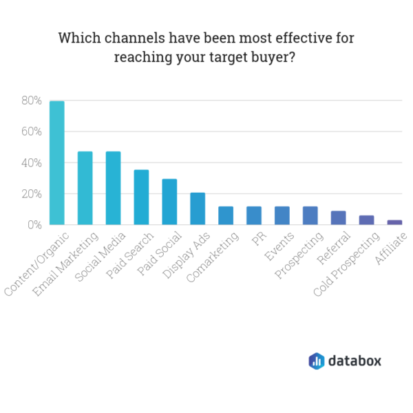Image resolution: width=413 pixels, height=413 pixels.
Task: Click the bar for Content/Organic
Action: pyautogui.click(x=57, y=163)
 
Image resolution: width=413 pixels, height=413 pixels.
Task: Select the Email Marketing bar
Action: pyautogui.click(x=85, y=188)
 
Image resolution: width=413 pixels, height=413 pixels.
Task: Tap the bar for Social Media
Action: pyautogui.click(x=113, y=188)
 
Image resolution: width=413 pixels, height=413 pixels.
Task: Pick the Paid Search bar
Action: pyautogui.click(x=141, y=198)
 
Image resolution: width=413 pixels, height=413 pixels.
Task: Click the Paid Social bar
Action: pyautogui.click(x=169, y=202)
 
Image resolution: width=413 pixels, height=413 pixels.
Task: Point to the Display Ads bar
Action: pyautogui.click(x=198, y=209)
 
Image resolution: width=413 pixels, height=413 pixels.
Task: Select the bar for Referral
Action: pyautogui.click(x=338, y=218)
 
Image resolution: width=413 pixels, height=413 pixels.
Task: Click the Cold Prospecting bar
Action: pyautogui.click(x=366, y=220)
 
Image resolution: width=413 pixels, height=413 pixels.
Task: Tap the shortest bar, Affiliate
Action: pyautogui.click(x=394, y=222)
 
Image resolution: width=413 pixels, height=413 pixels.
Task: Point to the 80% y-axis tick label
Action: pyautogui.click(x=31, y=100)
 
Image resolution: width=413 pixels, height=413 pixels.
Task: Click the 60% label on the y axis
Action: pyautogui.click(x=31, y=131)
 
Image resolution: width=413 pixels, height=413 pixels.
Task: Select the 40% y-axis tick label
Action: pyautogui.click(x=31, y=163)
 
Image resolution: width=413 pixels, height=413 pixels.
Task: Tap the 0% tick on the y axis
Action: pyautogui.click(x=34, y=225)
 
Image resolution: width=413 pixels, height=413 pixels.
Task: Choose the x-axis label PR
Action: pyautogui.click(x=256, y=240)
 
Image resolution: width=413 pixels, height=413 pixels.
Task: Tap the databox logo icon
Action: pyautogui.click(x=316, y=361)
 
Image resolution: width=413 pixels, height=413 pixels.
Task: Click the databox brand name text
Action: pyautogui.click(x=354, y=361)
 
